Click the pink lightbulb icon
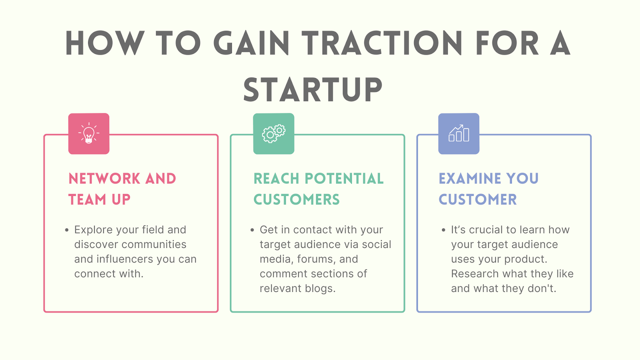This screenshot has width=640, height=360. click(x=89, y=134)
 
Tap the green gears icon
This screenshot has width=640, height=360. click(x=274, y=134)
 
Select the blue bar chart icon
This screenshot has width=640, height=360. click(x=459, y=134)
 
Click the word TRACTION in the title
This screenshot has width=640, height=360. click(x=382, y=43)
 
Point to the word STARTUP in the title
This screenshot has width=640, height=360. click(x=313, y=90)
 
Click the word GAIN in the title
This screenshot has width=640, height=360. click(x=251, y=43)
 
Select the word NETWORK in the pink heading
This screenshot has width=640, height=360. click(x=104, y=179)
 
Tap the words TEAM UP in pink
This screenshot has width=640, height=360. click(x=99, y=200)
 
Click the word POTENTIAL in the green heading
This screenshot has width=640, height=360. click(x=344, y=179)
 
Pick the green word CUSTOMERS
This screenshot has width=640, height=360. click(x=296, y=200)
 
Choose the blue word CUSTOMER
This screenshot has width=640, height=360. click(x=478, y=200)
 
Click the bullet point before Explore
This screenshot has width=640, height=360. click(x=67, y=230)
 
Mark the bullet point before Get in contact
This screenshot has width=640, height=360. click(x=252, y=230)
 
